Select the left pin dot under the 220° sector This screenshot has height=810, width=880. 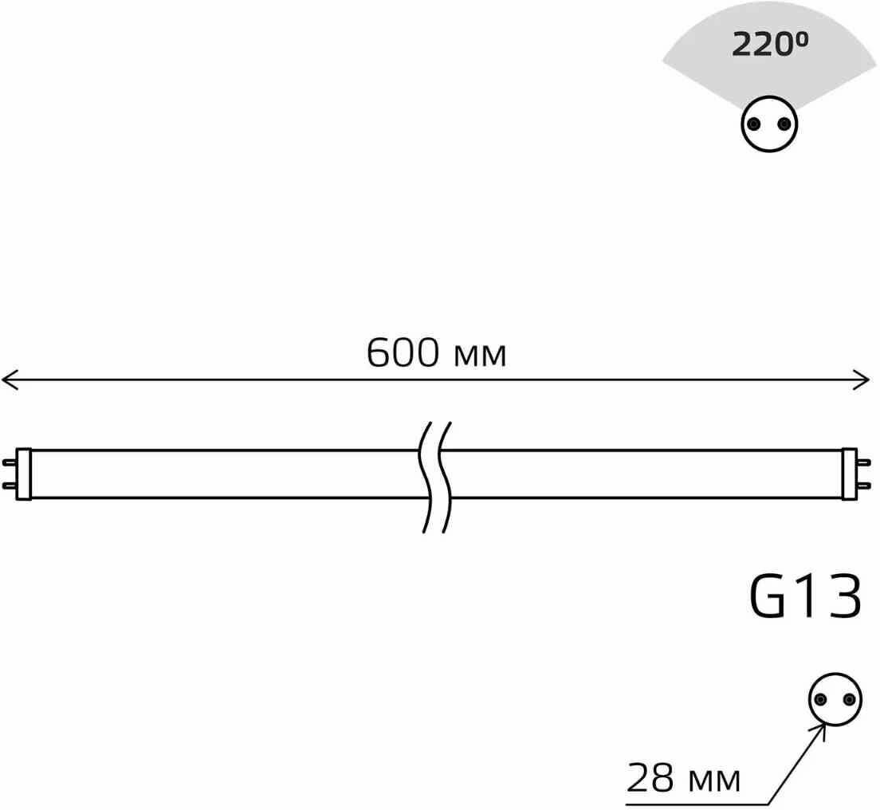point(753,124)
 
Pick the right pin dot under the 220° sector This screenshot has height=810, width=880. point(785,124)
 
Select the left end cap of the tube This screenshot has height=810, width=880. point(24,474)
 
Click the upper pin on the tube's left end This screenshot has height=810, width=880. point(10,462)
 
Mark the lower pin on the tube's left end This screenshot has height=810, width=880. point(10,486)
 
